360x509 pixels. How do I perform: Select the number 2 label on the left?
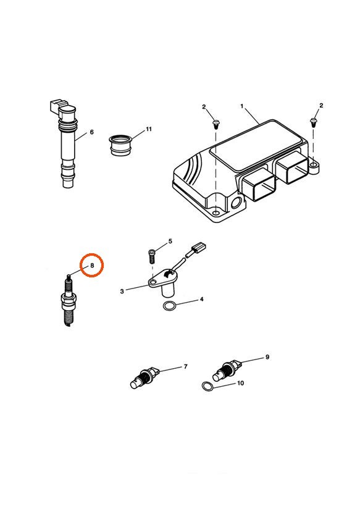204,107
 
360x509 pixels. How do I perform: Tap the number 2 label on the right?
321,106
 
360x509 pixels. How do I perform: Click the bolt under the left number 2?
215,122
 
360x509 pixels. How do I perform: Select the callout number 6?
91,132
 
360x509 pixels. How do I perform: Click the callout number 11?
148,130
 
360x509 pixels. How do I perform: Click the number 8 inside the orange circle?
92,266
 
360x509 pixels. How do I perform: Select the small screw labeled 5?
153,254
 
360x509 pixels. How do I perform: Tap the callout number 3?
122,290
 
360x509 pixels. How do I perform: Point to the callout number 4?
201,300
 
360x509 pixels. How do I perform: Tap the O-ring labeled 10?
209,387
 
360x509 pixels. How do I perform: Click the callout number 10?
240,383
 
